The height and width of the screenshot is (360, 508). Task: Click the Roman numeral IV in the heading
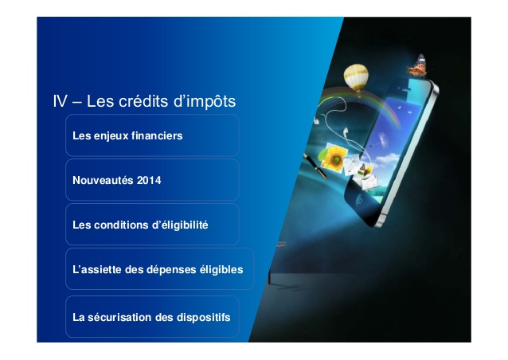pos(61,101)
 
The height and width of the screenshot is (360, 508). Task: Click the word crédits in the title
pos(143,101)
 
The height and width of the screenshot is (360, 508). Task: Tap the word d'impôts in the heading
pos(205,102)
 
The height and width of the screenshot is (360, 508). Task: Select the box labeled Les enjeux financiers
pos(152,135)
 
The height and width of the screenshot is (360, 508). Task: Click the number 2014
pos(149,180)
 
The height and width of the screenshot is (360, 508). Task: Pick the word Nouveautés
pos(103,180)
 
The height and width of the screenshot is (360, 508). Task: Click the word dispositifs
pos(204,318)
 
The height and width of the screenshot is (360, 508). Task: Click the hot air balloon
pos(356,78)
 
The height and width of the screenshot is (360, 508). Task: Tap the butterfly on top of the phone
pos(418,66)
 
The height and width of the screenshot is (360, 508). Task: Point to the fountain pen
pos(315,166)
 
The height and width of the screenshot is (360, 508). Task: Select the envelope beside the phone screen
pos(368,182)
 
